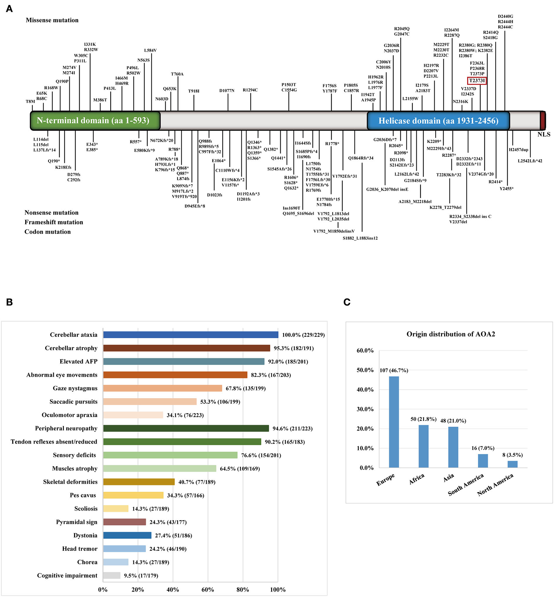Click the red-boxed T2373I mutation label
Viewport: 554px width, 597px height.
476,81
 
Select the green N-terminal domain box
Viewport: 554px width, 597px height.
95,121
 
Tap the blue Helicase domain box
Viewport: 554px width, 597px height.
438,121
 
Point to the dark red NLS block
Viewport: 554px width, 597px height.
543,120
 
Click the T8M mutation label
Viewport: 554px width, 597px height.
30,101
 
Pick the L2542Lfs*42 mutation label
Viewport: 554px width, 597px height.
530,161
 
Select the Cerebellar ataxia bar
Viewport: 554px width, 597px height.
190,335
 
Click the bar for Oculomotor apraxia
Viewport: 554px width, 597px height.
133,415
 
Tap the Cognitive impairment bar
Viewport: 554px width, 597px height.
112,575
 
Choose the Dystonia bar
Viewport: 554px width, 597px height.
127,535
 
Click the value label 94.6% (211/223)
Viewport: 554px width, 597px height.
292,429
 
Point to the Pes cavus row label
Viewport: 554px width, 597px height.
83,495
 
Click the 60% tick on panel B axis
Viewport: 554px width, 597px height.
208,590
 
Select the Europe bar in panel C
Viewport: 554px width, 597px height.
394,422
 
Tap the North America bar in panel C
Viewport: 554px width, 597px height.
512,464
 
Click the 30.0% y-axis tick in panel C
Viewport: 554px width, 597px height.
365,409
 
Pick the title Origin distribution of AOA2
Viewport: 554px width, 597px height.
451,334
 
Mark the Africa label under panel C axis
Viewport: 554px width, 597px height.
417,479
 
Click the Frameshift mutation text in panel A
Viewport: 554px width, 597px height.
54,222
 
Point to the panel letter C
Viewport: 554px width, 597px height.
347,302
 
